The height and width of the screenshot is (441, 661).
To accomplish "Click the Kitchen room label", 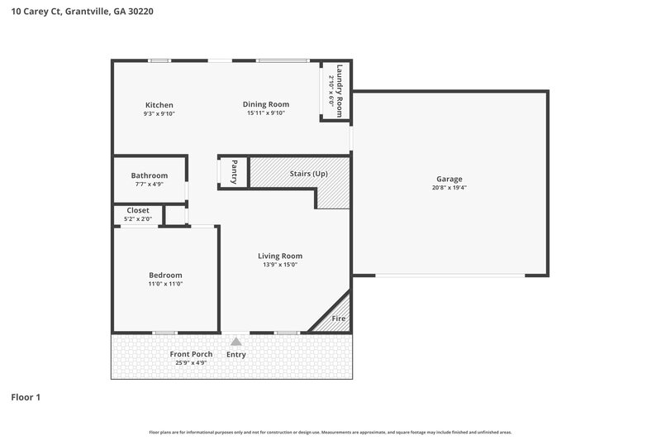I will tap(159, 105).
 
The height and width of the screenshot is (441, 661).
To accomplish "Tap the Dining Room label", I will tap(266, 104).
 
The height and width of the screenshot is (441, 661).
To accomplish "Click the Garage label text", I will tap(449, 179).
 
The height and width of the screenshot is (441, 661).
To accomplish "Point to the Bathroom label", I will tap(149, 175).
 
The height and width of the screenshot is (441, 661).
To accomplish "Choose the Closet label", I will tap(138, 210).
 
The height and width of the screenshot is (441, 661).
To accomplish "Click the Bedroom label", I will tap(165, 275).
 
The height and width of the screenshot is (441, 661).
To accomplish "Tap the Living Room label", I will tap(280, 256).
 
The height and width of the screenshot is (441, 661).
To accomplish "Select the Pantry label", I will tap(235, 172).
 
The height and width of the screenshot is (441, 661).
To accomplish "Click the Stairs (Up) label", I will tap(309, 174).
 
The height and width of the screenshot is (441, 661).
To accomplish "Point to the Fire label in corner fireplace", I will tap(338, 319).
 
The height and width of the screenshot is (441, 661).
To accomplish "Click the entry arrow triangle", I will tap(236, 341).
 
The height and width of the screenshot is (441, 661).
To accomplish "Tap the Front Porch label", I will tap(191, 354).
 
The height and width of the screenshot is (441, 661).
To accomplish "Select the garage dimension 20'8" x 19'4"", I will tap(449, 188).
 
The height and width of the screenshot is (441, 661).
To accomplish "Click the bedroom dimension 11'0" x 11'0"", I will tap(165, 284).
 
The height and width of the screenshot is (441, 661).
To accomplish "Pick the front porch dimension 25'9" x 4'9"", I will tap(191, 362).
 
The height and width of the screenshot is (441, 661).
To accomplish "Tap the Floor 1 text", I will tap(26, 397).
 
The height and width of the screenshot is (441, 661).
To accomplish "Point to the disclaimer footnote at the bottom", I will tap(330, 432).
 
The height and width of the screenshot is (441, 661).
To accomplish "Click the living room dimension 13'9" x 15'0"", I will tap(280, 265).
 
